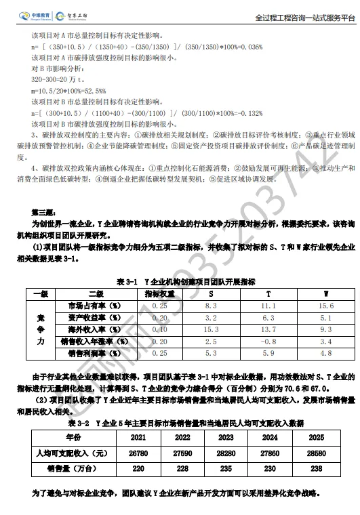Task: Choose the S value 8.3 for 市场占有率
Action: [211, 306]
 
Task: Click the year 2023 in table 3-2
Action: [226, 438]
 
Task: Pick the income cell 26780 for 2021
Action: [139, 452]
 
